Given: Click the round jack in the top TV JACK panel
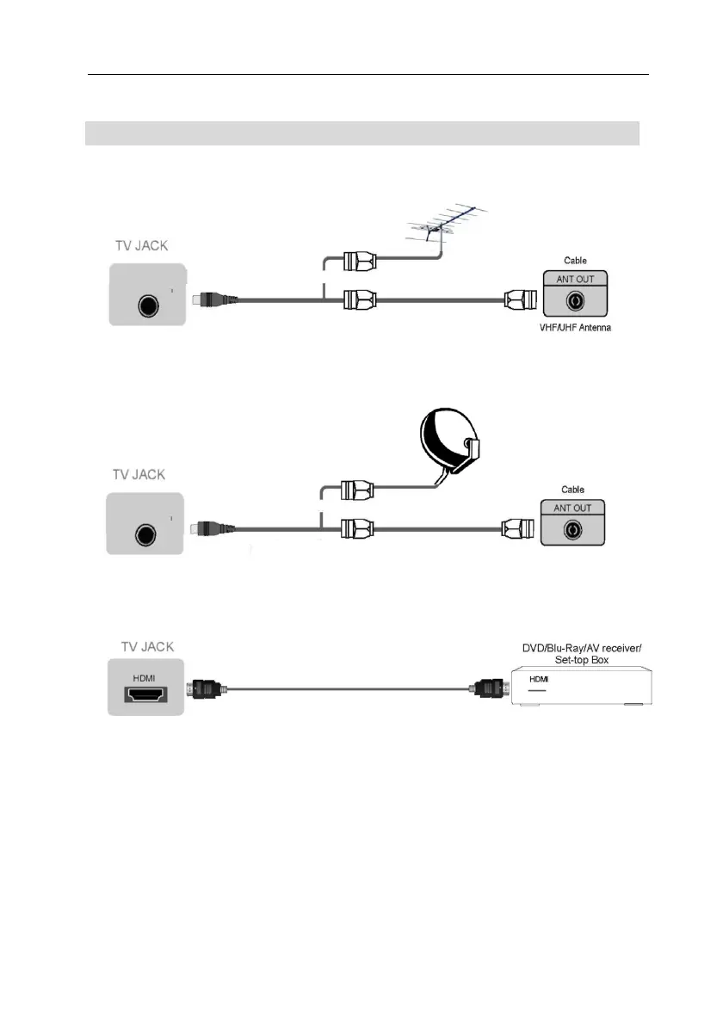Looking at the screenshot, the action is tap(148, 303).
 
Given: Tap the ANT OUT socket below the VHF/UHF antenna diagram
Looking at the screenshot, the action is tap(574, 302).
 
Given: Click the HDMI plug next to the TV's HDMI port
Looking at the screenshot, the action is tap(207, 689).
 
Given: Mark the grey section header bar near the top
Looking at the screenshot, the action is tap(362, 133).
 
